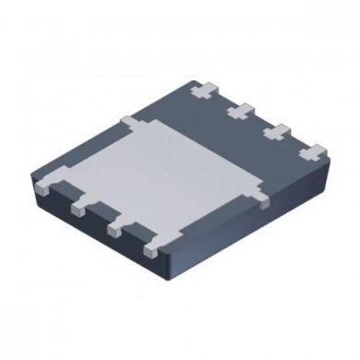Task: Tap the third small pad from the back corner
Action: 275,131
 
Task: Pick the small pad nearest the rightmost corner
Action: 312,150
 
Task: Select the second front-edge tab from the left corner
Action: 77,207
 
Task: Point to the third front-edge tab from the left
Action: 114,227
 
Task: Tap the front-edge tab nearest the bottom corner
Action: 149,248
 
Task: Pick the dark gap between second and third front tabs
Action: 95,220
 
